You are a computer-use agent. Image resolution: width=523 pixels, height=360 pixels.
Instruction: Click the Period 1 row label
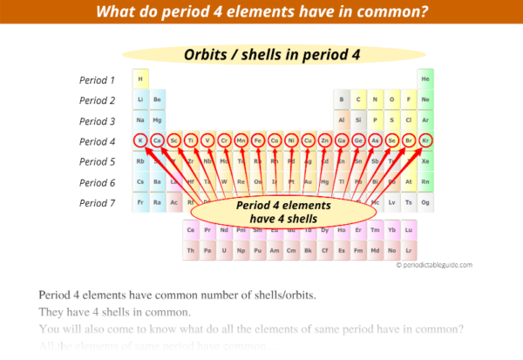point(97,79)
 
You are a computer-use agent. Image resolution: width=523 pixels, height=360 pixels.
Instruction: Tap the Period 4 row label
point(97,141)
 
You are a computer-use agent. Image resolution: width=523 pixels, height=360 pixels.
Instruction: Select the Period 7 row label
point(97,203)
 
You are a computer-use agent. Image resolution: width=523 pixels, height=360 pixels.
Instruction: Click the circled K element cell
point(139,140)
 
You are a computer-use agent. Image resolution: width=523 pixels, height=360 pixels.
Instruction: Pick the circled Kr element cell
point(425,140)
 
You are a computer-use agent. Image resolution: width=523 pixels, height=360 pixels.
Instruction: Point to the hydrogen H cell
point(139,79)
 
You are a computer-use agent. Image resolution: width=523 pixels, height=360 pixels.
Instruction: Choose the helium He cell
point(425,79)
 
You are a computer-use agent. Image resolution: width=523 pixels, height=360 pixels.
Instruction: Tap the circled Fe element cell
point(257,140)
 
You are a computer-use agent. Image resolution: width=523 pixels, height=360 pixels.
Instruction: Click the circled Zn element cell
point(324,140)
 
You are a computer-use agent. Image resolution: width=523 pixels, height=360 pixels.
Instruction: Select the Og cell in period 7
point(425,202)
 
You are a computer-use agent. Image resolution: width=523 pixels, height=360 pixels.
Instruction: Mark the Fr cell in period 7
point(139,202)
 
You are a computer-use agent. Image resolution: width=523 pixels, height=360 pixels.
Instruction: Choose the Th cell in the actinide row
point(190,250)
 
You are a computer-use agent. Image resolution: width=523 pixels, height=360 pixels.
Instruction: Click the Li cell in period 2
point(139,100)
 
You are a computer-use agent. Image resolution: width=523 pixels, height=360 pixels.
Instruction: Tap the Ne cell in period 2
point(425,100)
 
